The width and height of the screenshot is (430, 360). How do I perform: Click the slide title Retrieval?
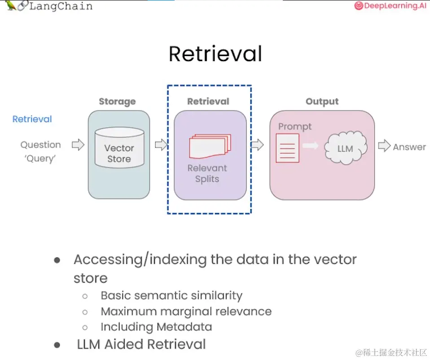pyautogui.click(x=215, y=54)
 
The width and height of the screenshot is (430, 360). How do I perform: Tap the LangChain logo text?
pyautogui.click(x=61, y=6)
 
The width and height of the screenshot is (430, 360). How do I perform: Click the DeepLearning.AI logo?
pyautogui.click(x=390, y=6)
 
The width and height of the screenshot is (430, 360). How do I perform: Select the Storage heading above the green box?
pyautogui.click(x=117, y=101)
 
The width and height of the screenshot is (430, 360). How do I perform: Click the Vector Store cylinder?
pyautogui.click(x=119, y=148)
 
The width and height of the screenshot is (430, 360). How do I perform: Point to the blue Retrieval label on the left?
pyautogui.click(x=32, y=119)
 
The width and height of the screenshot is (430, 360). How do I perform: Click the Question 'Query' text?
pyautogui.click(x=40, y=151)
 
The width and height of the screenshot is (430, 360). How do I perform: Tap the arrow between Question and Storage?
pyautogui.click(x=78, y=145)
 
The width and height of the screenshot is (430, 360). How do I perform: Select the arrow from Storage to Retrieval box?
pyautogui.click(x=161, y=145)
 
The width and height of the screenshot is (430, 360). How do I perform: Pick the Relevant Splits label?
pyautogui.click(x=207, y=173)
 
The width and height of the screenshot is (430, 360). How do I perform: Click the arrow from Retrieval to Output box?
pyautogui.click(x=257, y=145)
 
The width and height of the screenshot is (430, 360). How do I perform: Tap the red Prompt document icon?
pyautogui.click(x=287, y=148)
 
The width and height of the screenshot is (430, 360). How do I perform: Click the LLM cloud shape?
pyautogui.click(x=345, y=148)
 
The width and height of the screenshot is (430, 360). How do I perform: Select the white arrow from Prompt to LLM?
pyautogui.click(x=310, y=145)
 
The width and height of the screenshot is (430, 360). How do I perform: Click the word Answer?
pyautogui.click(x=409, y=147)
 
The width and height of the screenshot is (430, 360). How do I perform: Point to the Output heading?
pyautogui.click(x=322, y=101)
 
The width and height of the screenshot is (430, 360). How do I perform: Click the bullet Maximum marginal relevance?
pyautogui.click(x=186, y=312)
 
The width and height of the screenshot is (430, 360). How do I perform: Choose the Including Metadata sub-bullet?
pyautogui.click(x=156, y=327)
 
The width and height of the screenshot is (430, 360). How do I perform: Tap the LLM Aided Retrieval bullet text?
pyautogui.click(x=141, y=344)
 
